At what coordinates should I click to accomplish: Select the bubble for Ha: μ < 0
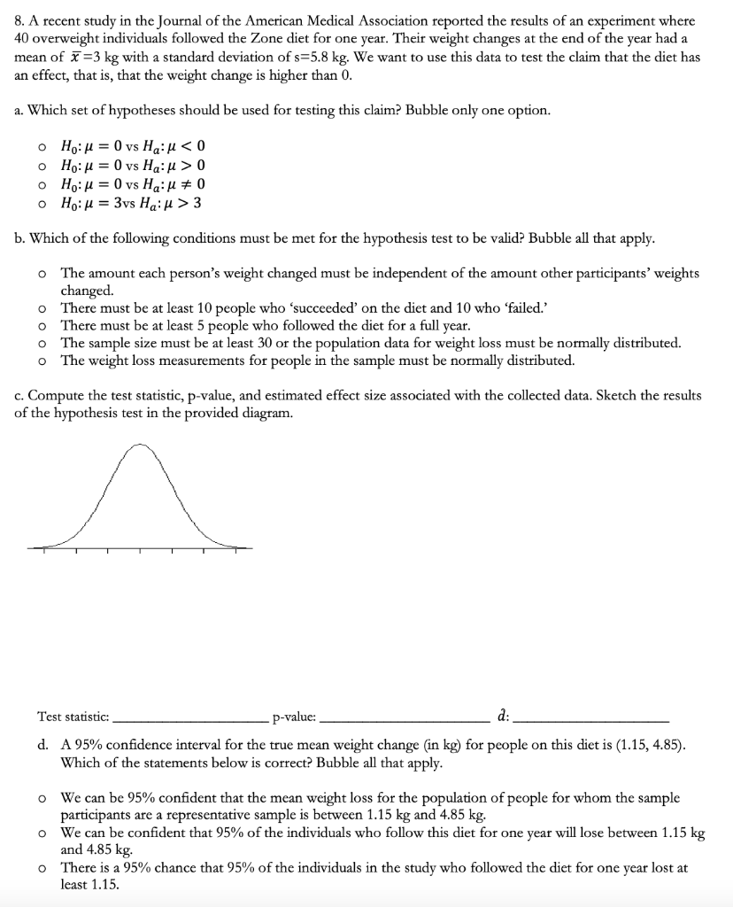(x=42, y=147)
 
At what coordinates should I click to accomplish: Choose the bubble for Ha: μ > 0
(x=42, y=166)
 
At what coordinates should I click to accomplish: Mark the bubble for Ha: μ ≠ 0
(x=42, y=184)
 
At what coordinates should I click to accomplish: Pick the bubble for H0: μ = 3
(x=42, y=203)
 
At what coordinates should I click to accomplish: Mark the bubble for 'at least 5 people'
(x=42, y=326)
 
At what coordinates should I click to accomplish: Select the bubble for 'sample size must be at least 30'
(x=42, y=344)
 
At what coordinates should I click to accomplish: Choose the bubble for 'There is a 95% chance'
(x=42, y=869)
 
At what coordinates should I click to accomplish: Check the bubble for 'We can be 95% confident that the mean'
(x=42, y=798)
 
